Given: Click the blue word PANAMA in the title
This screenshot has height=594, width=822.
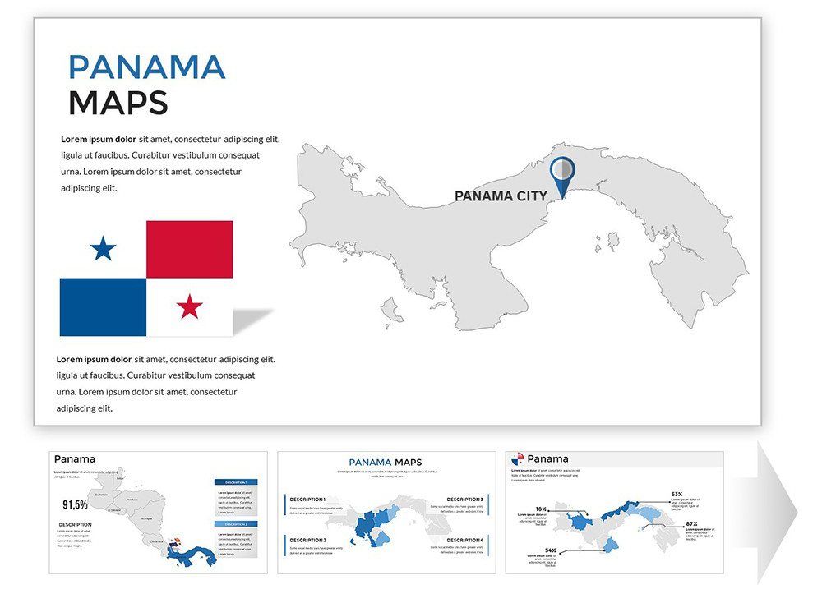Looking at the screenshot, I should click(x=146, y=67).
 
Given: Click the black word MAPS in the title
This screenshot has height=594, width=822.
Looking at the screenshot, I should click(x=118, y=103).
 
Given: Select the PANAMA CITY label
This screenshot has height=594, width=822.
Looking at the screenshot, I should click(x=501, y=196).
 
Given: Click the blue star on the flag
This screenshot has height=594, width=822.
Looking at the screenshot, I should click(x=103, y=248).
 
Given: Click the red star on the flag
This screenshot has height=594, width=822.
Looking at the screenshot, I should click(x=190, y=306).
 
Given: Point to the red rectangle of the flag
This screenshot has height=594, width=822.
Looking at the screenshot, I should click(x=189, y=249).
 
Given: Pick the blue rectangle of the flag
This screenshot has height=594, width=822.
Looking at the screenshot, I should click(x=103, y=306).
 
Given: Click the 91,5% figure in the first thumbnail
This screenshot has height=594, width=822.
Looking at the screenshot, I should click(x=76, y=504).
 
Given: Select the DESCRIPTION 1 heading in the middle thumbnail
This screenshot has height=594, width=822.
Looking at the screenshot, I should click(x=307, y=500).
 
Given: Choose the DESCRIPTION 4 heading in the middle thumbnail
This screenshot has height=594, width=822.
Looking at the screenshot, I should click(x=465, y=540).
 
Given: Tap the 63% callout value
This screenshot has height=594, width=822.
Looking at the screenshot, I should click(x=677, y=494).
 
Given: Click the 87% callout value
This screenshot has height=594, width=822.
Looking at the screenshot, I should click(x=691, y=523).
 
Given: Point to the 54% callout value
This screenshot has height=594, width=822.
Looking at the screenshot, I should click(x=550, y=550).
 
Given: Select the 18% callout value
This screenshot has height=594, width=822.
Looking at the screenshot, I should click(x=541, y=509).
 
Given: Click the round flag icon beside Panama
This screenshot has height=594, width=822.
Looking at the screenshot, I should click(x=517, y=458).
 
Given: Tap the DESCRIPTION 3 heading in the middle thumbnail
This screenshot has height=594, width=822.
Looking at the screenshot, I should click(x=465, y=500).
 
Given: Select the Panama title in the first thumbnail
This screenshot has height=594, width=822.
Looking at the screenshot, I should click(x=75, y=458).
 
